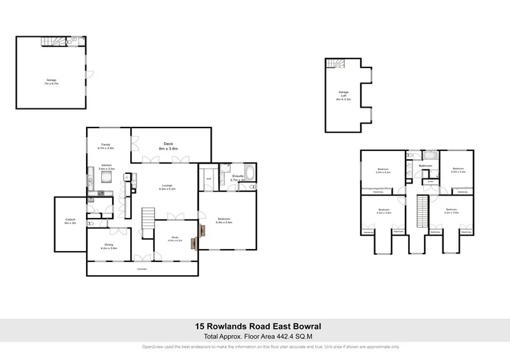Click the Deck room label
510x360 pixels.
pos(168,146)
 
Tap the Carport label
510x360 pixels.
pos(70,220)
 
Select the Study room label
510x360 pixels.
pos(175,239)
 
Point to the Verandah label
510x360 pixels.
pos(142,270)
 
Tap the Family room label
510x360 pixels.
pos(106,146)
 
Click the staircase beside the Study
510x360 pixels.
pos(147,218)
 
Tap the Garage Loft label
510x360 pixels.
pos(344,96)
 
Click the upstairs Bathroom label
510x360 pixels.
pos(425,166)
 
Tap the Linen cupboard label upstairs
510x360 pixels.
pos(431,181)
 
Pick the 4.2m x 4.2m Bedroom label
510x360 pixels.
pos(383,171)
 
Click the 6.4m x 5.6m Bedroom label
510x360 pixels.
pos(224,222)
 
